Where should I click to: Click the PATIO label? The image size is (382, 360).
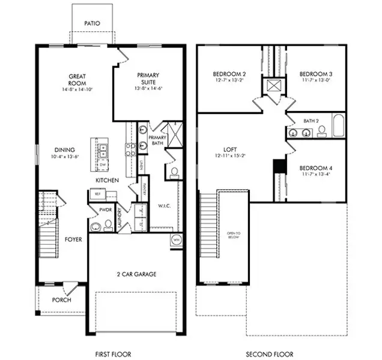click(92, 24)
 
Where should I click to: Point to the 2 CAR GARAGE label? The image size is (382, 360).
click(136, 274)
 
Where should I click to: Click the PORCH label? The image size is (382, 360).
click(61, 300)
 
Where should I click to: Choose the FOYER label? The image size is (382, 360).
click(73, 239)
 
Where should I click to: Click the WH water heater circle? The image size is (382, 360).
click(177, 239)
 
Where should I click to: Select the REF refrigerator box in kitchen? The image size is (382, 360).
click(97, 194)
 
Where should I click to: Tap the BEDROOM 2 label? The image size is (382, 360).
click(227, 74)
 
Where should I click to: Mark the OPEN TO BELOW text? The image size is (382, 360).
click(234, 235)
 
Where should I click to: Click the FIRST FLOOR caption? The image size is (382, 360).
click(113, 354)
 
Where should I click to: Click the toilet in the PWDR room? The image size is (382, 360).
click(108, 224)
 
